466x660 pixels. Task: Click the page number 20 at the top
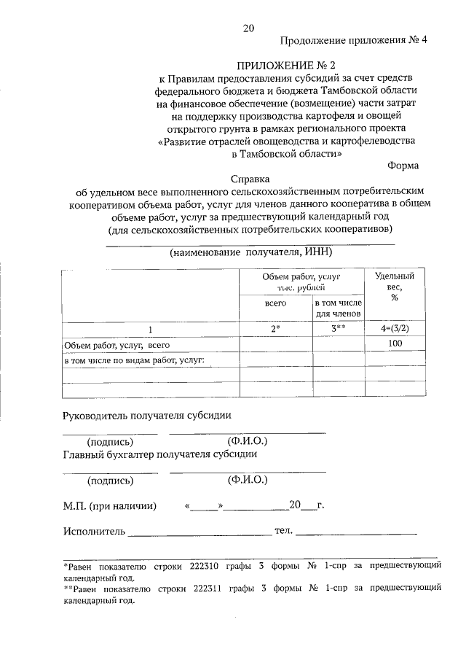pyautogui.click(x=249, y=29)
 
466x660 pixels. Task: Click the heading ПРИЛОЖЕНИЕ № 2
pyautogui.click(x=249, y=65)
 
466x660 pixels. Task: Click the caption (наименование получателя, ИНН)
pyautogui.click(x=250, y=252)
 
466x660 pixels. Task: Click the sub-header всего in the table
pyautogui.click(x=275, y=302)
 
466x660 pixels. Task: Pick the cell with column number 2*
pyautogui.click(x=276, y=329)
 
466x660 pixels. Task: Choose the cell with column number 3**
pyautogui.click(x=338, y=329)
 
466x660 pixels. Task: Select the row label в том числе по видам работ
pyautogui.click(x=134, y=360)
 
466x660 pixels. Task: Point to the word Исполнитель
pyautogui.click(x=94, y=531)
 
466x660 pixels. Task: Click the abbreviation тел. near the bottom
pyautogui.click(x=283, y=530)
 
